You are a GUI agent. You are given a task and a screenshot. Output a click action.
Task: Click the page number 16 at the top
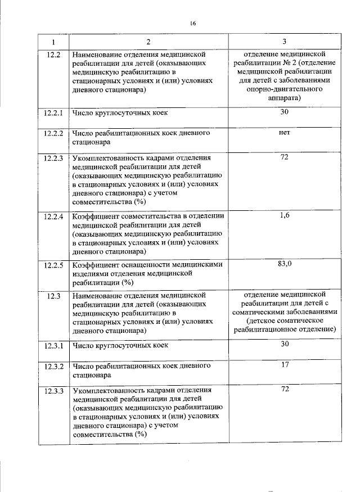point(192,24)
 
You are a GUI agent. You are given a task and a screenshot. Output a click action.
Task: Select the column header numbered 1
point(54,43)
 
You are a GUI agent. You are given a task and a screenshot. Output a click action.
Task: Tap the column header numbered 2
point(148,43)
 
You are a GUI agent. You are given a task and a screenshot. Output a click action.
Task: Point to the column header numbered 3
point(284,43)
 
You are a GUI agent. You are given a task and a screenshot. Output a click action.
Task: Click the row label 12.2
point(54,55)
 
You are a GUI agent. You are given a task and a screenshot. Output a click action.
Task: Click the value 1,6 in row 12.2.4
point(284,215)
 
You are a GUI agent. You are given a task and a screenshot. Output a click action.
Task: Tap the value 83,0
point(285,263)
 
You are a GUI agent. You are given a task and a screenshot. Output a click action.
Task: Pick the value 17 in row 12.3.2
point(285,365)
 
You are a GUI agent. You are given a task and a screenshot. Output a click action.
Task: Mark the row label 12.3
point(54,295)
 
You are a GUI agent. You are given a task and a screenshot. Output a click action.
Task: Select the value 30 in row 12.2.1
point(284,112)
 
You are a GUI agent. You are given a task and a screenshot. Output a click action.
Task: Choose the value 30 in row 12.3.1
point(285,344)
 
